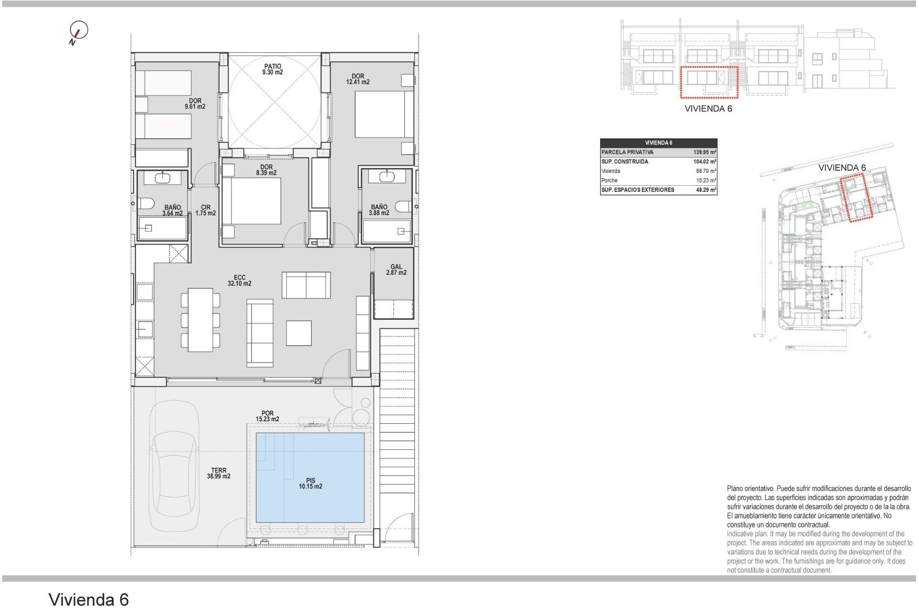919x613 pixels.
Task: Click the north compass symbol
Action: [x=79, y=31]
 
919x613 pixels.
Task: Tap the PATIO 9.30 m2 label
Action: [x=272, y=69]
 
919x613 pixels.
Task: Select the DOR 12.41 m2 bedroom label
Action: [x=358, y=79]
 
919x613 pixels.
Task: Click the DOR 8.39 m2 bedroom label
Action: [x=266, y=170]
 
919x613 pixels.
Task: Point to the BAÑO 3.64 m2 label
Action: [x=172, y=210]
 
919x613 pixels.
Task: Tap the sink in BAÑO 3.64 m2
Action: [x=163, y=178]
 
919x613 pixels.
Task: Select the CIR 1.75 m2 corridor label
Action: [x=205, y=210]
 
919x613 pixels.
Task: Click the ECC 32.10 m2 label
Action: [x=239, y=280]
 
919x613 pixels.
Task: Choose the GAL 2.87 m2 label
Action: [x=396, y=270]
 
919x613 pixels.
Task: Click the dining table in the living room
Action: [x=200, y=319]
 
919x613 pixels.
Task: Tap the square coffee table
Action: [x=299, y=333]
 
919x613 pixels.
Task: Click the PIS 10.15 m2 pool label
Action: [x=310, y=483]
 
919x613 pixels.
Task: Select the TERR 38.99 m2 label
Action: [x=219, y=473]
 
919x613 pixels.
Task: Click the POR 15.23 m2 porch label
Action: [x=267, y=416]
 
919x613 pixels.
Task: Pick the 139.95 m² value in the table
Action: [x=704, y=152]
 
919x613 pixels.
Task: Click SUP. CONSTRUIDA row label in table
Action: [x=625, y=162]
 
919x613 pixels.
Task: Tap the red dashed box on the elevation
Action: [x=709, y=82]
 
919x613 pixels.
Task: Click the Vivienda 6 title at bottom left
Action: [x=89, y=600]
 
